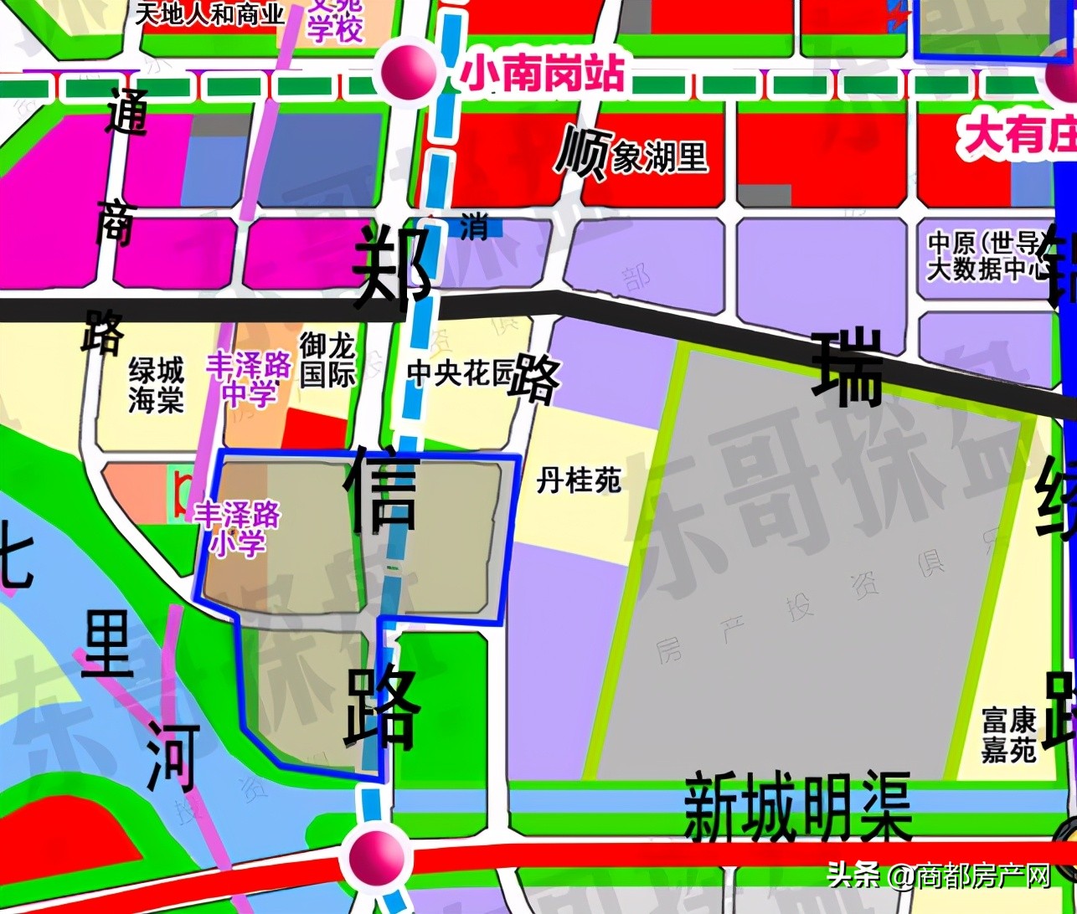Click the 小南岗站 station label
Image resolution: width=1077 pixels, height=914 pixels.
click(543, 74)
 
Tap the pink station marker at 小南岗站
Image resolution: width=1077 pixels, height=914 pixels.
click(408, 71)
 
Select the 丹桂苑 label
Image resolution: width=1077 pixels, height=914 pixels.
click(580, 481)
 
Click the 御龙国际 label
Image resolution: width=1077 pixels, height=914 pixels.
click(328, 359)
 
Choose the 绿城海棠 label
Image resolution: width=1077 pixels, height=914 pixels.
click(156, 385)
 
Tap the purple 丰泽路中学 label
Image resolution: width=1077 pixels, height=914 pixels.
click(250, 378)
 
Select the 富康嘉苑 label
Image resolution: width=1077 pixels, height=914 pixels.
click(1009, 735)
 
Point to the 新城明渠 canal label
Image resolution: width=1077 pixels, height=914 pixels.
click(797, 809)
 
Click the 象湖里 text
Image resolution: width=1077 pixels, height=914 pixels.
click(660, 157)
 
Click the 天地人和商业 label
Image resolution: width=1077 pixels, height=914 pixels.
click(210, 13)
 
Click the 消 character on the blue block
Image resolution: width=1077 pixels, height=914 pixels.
click(475, 226)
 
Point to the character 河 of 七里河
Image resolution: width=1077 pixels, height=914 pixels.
click(174, 757)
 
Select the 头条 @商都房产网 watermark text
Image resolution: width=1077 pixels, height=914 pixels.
click(939, 876)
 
